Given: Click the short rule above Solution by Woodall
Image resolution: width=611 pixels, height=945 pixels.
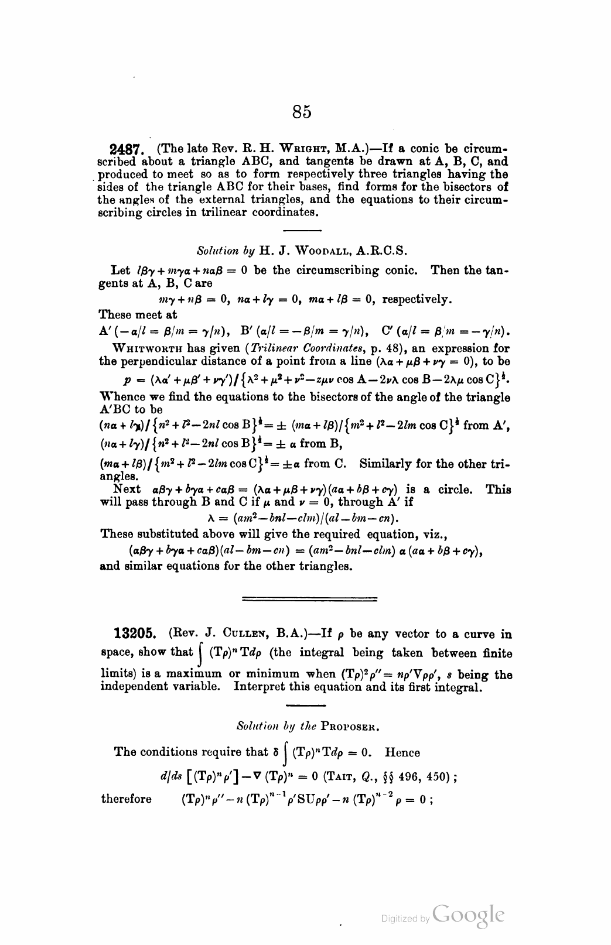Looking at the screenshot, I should tap(302, 229).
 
